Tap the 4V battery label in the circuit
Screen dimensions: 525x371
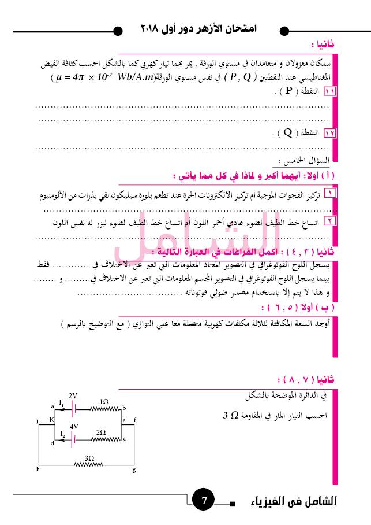click(x=74, y=426)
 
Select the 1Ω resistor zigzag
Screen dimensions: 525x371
click(x=104, y=408)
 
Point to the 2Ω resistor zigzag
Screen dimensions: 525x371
click(x=100, y=438)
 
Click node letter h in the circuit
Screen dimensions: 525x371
click(x=38, y=469)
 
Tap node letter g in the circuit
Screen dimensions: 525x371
click(x=134, y=469)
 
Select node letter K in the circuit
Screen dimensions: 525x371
click(x=51, y=419)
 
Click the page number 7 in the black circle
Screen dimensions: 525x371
click(x=204, y=500)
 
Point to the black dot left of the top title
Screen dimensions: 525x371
click(x=118, y=31)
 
